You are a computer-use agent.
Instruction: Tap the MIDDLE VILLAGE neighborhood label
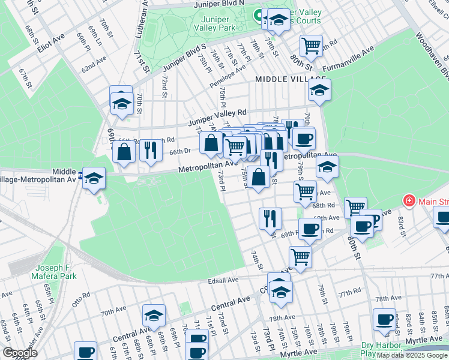290,79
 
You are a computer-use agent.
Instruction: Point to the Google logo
20,353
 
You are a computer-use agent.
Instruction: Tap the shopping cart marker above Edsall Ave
300,257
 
